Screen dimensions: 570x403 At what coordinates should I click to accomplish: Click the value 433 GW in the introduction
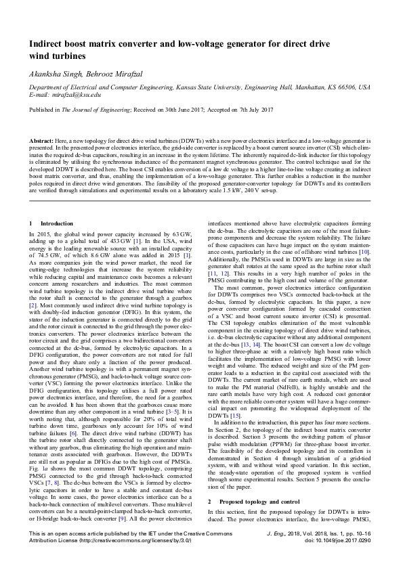tap(108, 240)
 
